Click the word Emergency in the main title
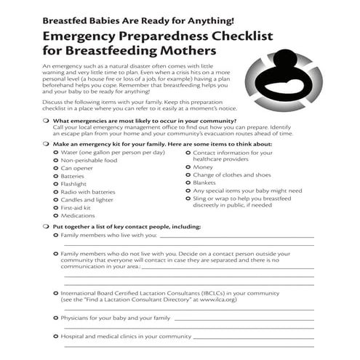[x=83, y=36]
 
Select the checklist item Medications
[x=79, y=216]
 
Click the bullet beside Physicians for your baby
[x=56, y=318]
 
